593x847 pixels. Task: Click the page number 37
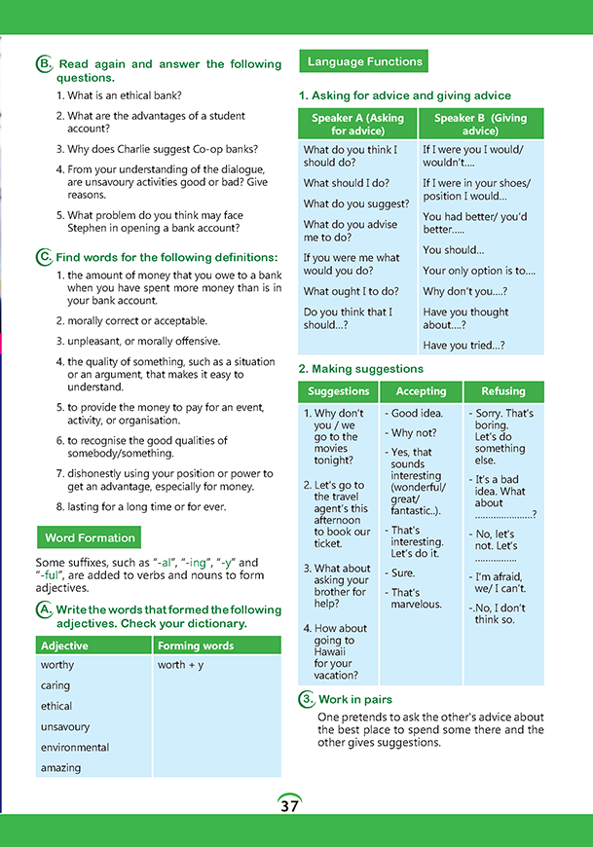click(289, 806)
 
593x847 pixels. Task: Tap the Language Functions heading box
click(364, 62)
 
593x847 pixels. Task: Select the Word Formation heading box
click(88, 538)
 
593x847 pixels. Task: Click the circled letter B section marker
click(44, 64)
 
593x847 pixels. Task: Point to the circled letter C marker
click(44, 257)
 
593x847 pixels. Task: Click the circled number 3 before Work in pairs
click(306, 699)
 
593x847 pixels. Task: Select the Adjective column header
click(64, 645)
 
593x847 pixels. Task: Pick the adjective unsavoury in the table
click(65, 726)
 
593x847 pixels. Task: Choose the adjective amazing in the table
click(60, 768)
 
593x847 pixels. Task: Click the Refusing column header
click(503, 391)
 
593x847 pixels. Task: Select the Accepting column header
click(421, 391)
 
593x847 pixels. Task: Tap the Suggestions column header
click(338, 391)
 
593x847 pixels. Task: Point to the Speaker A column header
click(357, 124)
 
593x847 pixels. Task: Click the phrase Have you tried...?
click(463, 346)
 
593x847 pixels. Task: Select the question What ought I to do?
click(351, 291)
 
